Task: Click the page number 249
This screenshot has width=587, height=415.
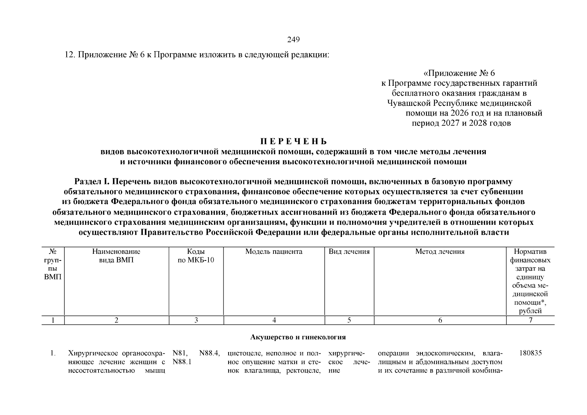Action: (x=293, y=40)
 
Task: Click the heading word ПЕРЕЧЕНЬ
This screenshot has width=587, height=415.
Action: (x=293, y=142)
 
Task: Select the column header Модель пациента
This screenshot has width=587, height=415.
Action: (x=274, y=252)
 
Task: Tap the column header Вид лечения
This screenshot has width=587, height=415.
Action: (x=349, y=252)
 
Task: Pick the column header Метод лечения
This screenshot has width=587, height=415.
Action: (x=440, y=252)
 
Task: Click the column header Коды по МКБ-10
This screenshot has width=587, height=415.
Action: (x=196, y=256)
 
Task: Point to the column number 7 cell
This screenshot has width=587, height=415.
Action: (x=531, y=320)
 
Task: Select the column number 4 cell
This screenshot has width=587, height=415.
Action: (x=274, y=320)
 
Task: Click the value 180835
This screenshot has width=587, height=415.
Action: (x=531, y=353)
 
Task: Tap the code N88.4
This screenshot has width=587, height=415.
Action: (x=209, y=353)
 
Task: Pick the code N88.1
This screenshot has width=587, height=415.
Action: (x=182, y=362)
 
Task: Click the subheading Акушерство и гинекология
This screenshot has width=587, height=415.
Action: (x=298, y=337)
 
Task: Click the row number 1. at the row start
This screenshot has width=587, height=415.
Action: (x=53, y=353)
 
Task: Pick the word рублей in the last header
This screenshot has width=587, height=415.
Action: (x=530, y=311)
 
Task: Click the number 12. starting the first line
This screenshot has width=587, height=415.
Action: (x=70, y=55)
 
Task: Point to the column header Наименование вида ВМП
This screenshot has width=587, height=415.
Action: (x=116, y=256)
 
